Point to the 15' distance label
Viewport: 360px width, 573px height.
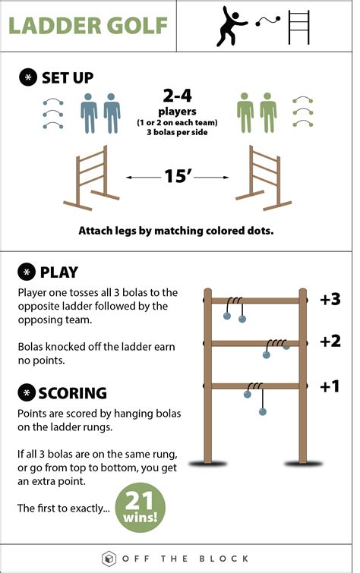pyautogui.click(x=179, y=178)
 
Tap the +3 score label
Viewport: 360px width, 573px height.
pyautogui.click(x=330, y=299)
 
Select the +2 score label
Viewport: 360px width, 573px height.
pyautogui.click(x=330, y=342)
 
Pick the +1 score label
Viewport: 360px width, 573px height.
pyautogui.click(x=330, y=386)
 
